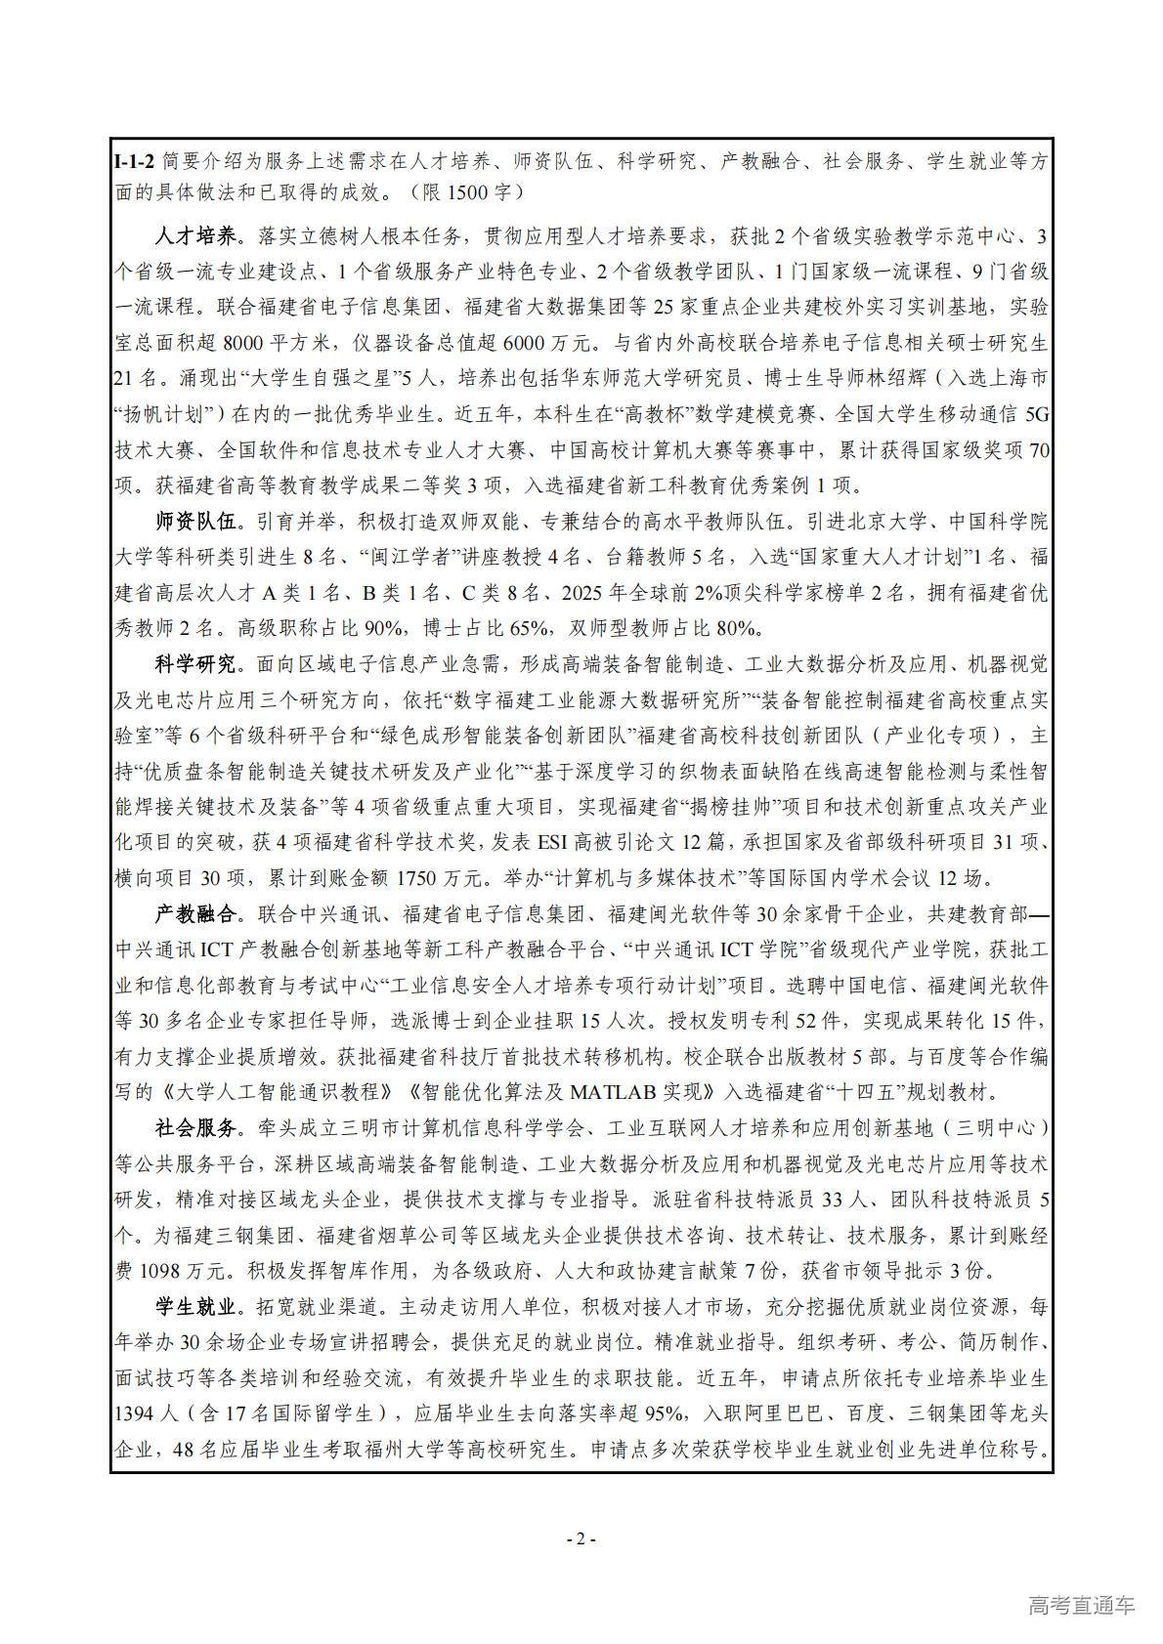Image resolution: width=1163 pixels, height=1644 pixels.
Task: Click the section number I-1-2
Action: pos(135,160)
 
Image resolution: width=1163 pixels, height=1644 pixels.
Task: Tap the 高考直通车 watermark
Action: pos(1081,1605)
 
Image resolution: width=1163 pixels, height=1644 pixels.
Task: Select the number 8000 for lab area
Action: pos(243,343)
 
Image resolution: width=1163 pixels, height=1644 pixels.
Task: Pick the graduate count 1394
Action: pos(135,1413)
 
